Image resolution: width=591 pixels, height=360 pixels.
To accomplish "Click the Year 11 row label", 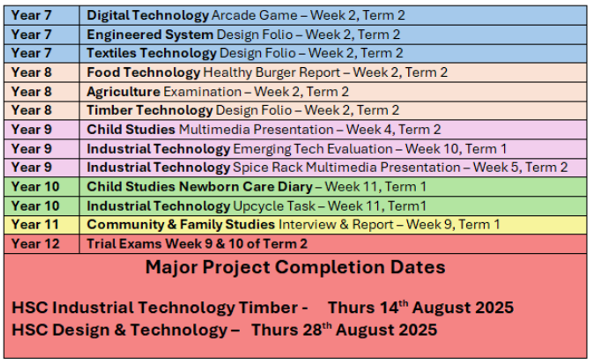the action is point(35,225).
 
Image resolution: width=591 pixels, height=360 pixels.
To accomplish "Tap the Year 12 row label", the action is point(35,244).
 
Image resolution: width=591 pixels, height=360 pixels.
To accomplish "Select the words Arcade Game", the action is point(255,15).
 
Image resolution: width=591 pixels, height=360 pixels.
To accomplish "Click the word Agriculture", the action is point(124,92).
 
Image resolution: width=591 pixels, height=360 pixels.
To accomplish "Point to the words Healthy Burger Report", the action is point(272,72).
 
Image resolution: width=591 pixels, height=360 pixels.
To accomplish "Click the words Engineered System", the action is point(150,35).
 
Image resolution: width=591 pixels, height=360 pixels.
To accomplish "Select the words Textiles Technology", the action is point(152,53).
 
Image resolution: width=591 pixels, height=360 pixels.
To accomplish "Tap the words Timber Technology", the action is point(150,110).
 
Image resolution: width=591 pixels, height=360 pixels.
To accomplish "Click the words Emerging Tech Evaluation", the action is point(313,149).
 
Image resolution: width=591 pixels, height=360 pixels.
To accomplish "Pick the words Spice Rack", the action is point(268,167).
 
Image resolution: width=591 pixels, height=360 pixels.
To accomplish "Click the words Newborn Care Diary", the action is point(246,187).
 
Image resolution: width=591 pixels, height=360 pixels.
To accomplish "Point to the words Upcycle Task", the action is point(274,206).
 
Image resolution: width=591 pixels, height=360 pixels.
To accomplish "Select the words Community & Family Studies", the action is point(181,225).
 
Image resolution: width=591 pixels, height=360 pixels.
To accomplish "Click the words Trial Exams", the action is point(124,244).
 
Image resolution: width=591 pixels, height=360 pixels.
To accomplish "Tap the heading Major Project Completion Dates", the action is point(295,267).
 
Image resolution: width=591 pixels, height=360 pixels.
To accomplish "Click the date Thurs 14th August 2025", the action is point(421,307).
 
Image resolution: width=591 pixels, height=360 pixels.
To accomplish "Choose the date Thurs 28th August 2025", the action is point(344,329).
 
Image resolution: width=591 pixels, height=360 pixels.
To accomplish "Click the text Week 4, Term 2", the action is point(394,130).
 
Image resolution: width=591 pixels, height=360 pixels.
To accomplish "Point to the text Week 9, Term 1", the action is point(453,225).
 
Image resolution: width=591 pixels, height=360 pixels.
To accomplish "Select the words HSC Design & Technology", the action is point(120,330).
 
